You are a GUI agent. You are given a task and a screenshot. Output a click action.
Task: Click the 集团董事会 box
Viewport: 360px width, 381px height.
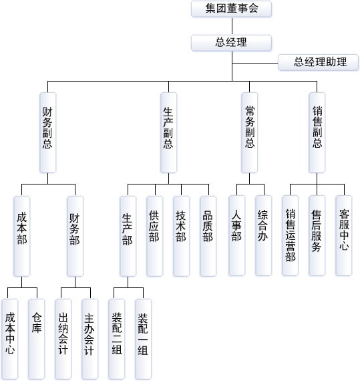[231, 9]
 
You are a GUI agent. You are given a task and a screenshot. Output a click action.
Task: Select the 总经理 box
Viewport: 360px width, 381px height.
[231, 43]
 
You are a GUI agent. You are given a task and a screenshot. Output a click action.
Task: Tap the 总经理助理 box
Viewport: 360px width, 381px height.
[318, 62]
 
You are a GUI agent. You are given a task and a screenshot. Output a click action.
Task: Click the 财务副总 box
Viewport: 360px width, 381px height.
[48, 132]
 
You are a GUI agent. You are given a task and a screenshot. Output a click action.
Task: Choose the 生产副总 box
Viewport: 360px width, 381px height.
[169, 132]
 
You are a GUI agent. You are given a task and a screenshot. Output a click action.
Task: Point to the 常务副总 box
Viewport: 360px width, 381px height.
[249, 132]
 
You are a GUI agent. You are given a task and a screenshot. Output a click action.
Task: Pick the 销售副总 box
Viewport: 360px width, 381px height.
[317, 132]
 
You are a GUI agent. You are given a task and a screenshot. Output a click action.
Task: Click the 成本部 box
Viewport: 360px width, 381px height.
[22, 236]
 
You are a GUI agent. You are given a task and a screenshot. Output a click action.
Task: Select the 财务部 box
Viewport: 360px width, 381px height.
[75, 236]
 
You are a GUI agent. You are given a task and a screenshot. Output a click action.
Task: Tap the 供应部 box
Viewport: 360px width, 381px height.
[155, 236]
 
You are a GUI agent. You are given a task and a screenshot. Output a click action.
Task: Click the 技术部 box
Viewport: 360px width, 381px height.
[181, 236]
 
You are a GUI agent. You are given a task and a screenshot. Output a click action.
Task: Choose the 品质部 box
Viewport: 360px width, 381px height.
[208, 236]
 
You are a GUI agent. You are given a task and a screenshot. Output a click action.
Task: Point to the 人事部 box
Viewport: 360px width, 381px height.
[237, 235]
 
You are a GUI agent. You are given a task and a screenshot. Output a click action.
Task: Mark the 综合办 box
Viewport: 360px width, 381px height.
[264, 235]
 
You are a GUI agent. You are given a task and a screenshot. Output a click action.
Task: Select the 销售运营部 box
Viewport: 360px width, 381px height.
[291, 235]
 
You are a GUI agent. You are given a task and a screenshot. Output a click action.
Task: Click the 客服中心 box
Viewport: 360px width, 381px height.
[344, 235]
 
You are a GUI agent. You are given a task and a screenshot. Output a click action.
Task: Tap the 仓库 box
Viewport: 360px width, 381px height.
[37, 339]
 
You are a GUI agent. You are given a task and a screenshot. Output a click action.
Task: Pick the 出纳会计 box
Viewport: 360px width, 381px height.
[63, 339]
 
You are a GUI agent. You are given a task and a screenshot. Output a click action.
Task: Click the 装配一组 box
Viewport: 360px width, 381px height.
[143, 339]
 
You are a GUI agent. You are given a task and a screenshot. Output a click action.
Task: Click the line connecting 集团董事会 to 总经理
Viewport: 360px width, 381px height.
[232, 26]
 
